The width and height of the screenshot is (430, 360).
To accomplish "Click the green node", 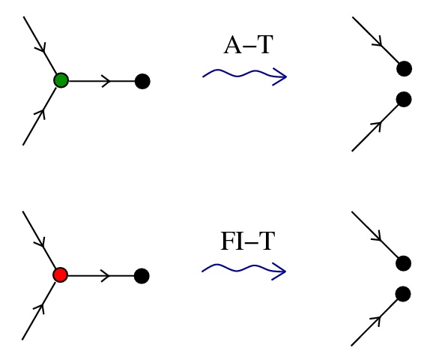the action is (x=61, y=80).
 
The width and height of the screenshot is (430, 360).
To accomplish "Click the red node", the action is (x=61, y=274).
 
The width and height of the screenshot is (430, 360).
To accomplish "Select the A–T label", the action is (x=249, y=45).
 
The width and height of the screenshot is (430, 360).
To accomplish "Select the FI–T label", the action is (x=248, y=241).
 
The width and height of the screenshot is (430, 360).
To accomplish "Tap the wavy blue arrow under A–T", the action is (x=245, y=76).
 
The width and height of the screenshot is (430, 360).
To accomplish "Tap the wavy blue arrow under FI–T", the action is (x=244, y=270).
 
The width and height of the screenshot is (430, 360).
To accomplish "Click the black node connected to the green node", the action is (x=142, y=81).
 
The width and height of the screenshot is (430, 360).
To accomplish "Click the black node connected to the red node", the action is (x=142, y=276).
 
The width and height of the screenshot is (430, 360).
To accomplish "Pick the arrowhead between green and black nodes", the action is (x=106, y=81).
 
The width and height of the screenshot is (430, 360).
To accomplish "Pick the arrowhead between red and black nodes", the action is (x=106, y=276).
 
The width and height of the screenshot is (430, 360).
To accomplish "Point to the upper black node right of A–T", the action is (x=405, y=69).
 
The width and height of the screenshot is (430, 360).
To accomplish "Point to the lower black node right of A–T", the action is (x=404, y=99).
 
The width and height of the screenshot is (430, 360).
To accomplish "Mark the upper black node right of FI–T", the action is (x=403, y=263).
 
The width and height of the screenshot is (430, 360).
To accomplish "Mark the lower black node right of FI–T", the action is (x=403, y=294).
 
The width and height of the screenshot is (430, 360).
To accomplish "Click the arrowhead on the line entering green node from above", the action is (x=41, y=47).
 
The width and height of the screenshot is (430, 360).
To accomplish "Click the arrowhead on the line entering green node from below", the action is (x=40, y=114).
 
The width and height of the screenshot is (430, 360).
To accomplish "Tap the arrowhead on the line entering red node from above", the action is (x=40, y=242).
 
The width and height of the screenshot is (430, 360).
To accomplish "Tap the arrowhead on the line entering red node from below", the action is (x=40, y=308).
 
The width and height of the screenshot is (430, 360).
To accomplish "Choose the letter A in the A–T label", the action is (x=233, y=45).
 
